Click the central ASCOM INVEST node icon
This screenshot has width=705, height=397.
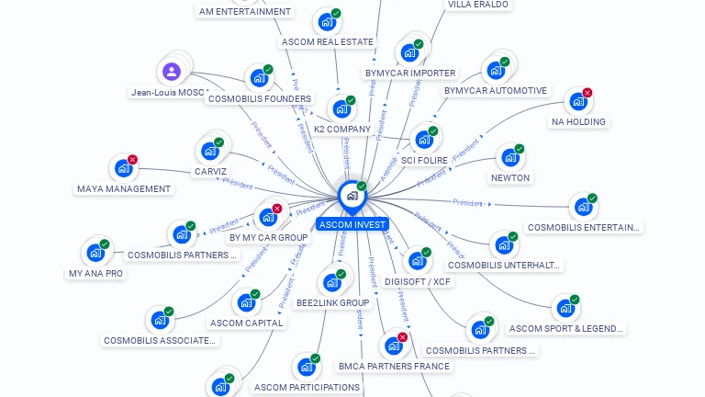click(x=351, y=196)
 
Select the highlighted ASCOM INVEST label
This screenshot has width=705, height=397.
click(x=352, y=224)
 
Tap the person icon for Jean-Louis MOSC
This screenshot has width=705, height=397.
click(x=171, y=71)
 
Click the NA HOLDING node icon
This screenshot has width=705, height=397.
click(x=577, y=101)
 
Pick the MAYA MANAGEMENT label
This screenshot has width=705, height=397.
click(x=124, y=189)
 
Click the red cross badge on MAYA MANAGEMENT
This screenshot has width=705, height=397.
click(x=132, y=160)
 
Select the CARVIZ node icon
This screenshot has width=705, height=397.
click(x=210, y=151)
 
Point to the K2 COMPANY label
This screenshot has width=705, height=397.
click(x=342, y=130)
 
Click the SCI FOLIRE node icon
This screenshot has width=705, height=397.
click(x=423, y=140)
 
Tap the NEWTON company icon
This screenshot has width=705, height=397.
click(x=509, y=157)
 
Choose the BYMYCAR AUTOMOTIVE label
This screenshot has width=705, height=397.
click(x=496, y=91)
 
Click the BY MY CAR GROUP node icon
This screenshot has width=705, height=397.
click(x=267, y=217)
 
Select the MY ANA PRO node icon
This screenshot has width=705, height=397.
click(x=95, y=253)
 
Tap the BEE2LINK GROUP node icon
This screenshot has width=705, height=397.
click(x=331, y=282)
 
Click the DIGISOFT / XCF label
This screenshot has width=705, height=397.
click(x=418, y=281)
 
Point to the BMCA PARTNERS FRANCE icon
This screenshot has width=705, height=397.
click(x=393, y=346)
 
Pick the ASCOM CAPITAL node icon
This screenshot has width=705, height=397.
click(x=245, y=302)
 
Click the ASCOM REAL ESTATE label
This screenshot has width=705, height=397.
click(x=328, y=42)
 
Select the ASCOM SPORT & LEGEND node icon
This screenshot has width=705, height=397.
click(x=565, y=308)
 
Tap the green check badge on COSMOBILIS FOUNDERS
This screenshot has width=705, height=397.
click(x=268, y=69)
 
